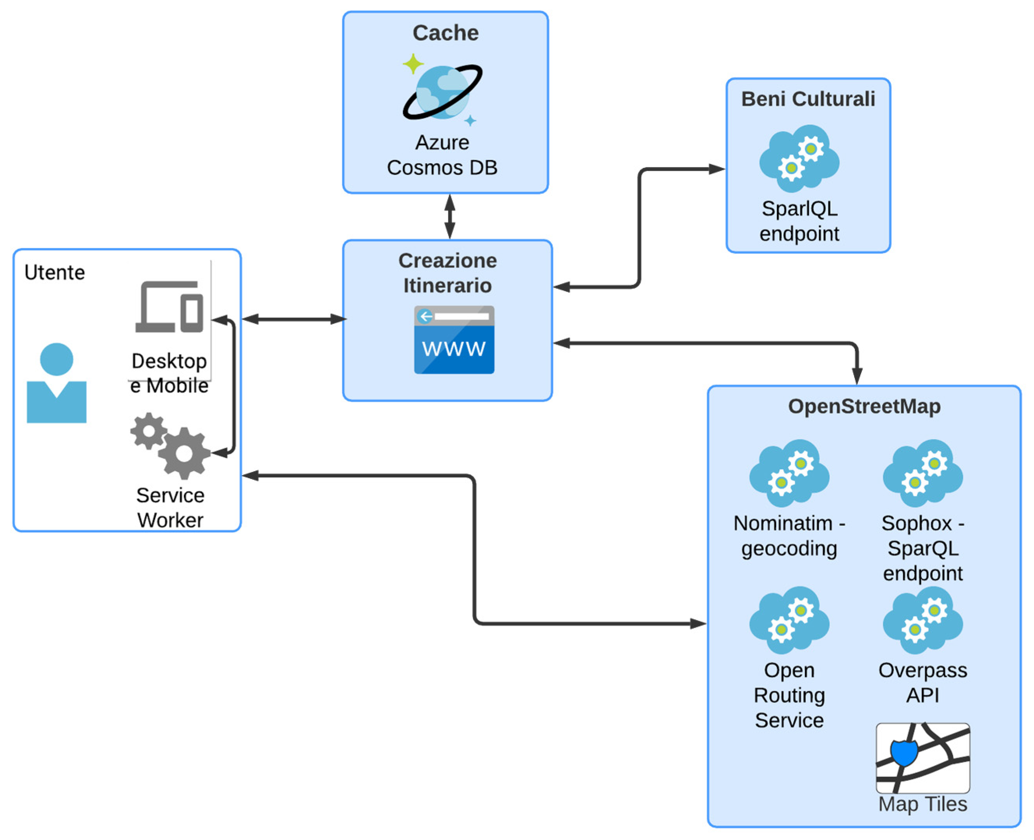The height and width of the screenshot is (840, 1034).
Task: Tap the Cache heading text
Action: coord(445,33)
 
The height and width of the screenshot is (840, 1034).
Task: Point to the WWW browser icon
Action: coord(454,340)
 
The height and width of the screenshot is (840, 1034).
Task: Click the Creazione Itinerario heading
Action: coord(447,273)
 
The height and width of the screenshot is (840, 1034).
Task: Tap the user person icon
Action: coord(56,383)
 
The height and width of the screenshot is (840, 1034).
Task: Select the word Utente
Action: coord(55,273)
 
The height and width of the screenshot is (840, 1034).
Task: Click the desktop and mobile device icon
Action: coord(169,307)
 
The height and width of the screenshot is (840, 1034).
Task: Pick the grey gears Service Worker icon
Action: coord(170,445)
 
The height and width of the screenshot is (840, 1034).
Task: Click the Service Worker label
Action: coord(170,507)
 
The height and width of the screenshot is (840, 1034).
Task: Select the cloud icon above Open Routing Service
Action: coord(789,619)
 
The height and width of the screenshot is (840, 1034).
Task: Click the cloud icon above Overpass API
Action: coord(923,619)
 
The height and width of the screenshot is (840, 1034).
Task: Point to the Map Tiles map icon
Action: coord(923,758)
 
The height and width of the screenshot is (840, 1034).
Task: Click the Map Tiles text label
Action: coord(923,804)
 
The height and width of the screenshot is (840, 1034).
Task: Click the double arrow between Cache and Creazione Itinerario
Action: coord(449,216)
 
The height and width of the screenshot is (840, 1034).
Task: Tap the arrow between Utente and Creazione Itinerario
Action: coord(293,319)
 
